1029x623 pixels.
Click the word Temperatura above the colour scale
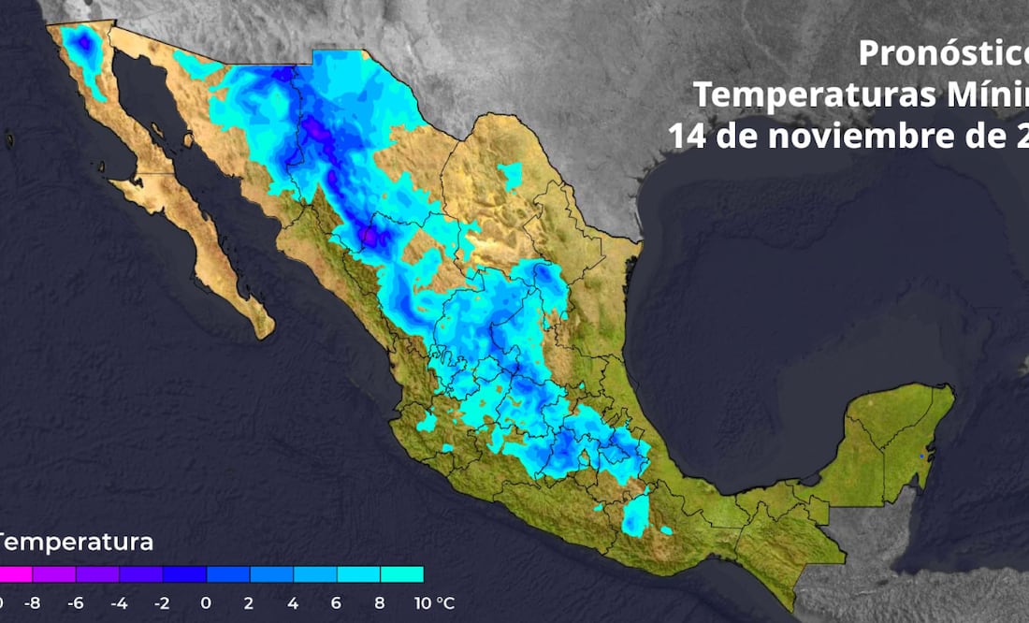tap(75, 542)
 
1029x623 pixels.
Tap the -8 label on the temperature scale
tap(32, 602)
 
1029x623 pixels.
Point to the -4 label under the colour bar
tap(119, 602)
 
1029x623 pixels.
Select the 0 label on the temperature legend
tap(206, 602)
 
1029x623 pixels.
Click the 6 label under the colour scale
tap(336, 602)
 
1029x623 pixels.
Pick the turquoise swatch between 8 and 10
tap(401, 574)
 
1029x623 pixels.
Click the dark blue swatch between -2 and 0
tap(184, 574)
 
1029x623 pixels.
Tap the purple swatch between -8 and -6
tap(54, 574)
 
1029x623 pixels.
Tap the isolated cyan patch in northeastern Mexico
tap(510, 175)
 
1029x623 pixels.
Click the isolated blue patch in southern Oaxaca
tap(636, 514)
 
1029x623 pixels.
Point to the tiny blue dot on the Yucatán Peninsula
tap(921, 456)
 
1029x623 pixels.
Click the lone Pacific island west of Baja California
tap(10, 141)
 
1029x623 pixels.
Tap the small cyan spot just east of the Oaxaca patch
tap(665, 530)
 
